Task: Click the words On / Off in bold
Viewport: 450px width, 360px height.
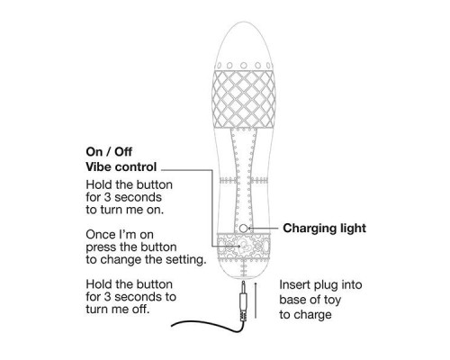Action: (109, 152)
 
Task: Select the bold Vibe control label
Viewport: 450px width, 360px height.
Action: (121, 167)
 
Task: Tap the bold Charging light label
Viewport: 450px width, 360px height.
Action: (324, 229)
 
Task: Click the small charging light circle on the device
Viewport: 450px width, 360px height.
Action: (243, 229)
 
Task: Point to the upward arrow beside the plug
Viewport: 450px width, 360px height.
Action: (256, 300)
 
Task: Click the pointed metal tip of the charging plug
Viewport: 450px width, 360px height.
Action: (243, 283)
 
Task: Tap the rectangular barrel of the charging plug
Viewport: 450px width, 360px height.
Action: (243, 302)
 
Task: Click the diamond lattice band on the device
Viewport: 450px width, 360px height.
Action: (243, 99)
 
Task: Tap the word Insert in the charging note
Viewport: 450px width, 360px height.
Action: (294, 284)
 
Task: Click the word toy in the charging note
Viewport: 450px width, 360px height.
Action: (332, 301)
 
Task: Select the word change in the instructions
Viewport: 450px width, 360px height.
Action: (126, 259)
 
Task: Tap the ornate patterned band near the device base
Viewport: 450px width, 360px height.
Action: (243, 247)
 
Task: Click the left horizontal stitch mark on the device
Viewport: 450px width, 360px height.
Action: (229, 181)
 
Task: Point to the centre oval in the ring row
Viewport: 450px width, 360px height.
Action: (244, 66)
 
